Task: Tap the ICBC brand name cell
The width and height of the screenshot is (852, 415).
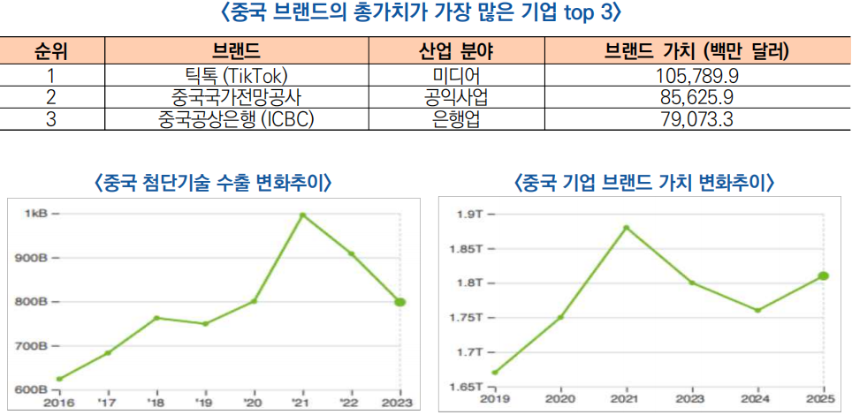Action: tap(236, 118)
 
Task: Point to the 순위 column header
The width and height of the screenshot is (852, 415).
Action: tap(51, 50)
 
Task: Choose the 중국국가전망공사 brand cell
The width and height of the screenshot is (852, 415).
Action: tap(236, 97)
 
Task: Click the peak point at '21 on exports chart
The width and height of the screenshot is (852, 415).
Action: tap(302, 215)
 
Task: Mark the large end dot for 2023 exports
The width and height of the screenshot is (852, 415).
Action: tap(399, 302)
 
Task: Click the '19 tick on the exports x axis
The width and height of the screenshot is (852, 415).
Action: tap(206, 402)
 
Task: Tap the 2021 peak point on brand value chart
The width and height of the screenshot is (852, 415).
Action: tap(626, 228)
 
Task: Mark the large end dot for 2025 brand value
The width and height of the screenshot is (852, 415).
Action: tap(823, 275)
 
